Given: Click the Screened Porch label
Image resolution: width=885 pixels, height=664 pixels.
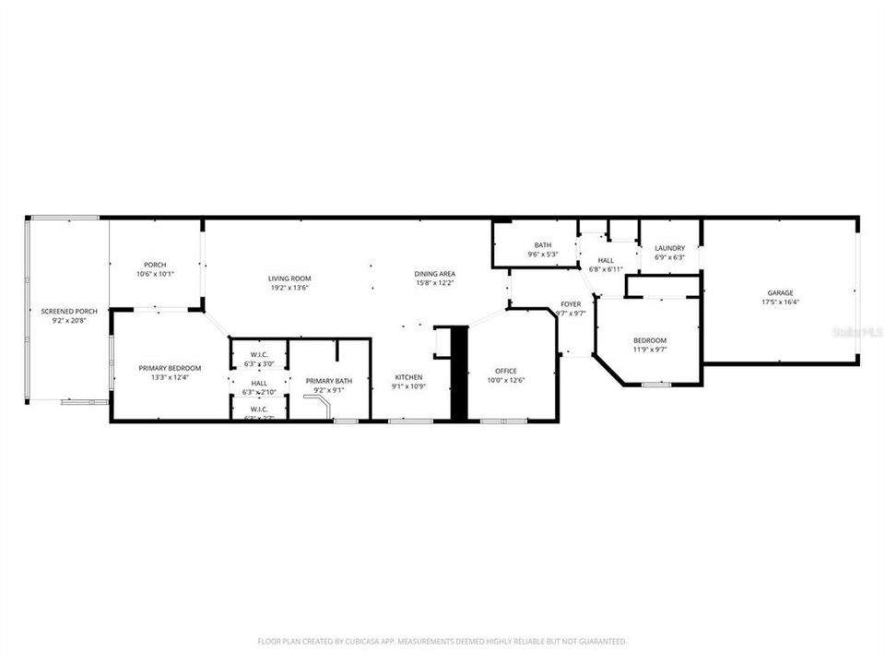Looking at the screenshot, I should tap(69, 312).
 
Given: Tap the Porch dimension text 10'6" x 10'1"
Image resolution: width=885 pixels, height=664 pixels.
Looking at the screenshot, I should tap(155, 274).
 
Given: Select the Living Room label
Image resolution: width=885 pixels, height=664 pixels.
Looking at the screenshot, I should tap(289, 279).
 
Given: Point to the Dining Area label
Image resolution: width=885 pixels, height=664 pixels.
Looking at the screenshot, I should tap(434, 274).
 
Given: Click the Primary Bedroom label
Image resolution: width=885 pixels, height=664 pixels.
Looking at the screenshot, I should tap(170, 368).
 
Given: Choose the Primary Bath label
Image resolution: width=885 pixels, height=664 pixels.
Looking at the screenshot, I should tap(329, 381).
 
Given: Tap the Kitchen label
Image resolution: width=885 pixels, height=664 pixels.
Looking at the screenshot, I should tap(408, 377).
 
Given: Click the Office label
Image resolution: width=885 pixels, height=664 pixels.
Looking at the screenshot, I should tap(506, 372).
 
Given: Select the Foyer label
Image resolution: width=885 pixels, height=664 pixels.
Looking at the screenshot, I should tap(572, 303).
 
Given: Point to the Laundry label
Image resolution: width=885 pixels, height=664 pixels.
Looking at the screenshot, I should tap(669, 248).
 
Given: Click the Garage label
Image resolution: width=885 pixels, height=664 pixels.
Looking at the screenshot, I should tap(780, 293).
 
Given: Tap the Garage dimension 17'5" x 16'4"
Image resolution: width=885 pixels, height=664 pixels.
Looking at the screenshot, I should tap(780, 302).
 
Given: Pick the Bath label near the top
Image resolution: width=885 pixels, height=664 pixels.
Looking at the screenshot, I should tap(542, 245).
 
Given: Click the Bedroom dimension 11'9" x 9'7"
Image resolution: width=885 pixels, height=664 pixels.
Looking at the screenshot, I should tap(650, 350).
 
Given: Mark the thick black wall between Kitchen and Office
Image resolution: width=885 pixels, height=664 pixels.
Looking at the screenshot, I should tap(458, 374).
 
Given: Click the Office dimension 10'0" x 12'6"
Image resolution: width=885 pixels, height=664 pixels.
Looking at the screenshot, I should tap(506, 381).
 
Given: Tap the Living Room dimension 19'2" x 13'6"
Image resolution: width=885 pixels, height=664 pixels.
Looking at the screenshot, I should tap(289, 288).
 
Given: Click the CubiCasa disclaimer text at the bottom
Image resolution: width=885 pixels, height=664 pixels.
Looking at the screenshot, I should tap(442, 641).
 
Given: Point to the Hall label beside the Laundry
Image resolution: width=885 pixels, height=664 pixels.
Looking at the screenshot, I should tap(606, 260).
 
